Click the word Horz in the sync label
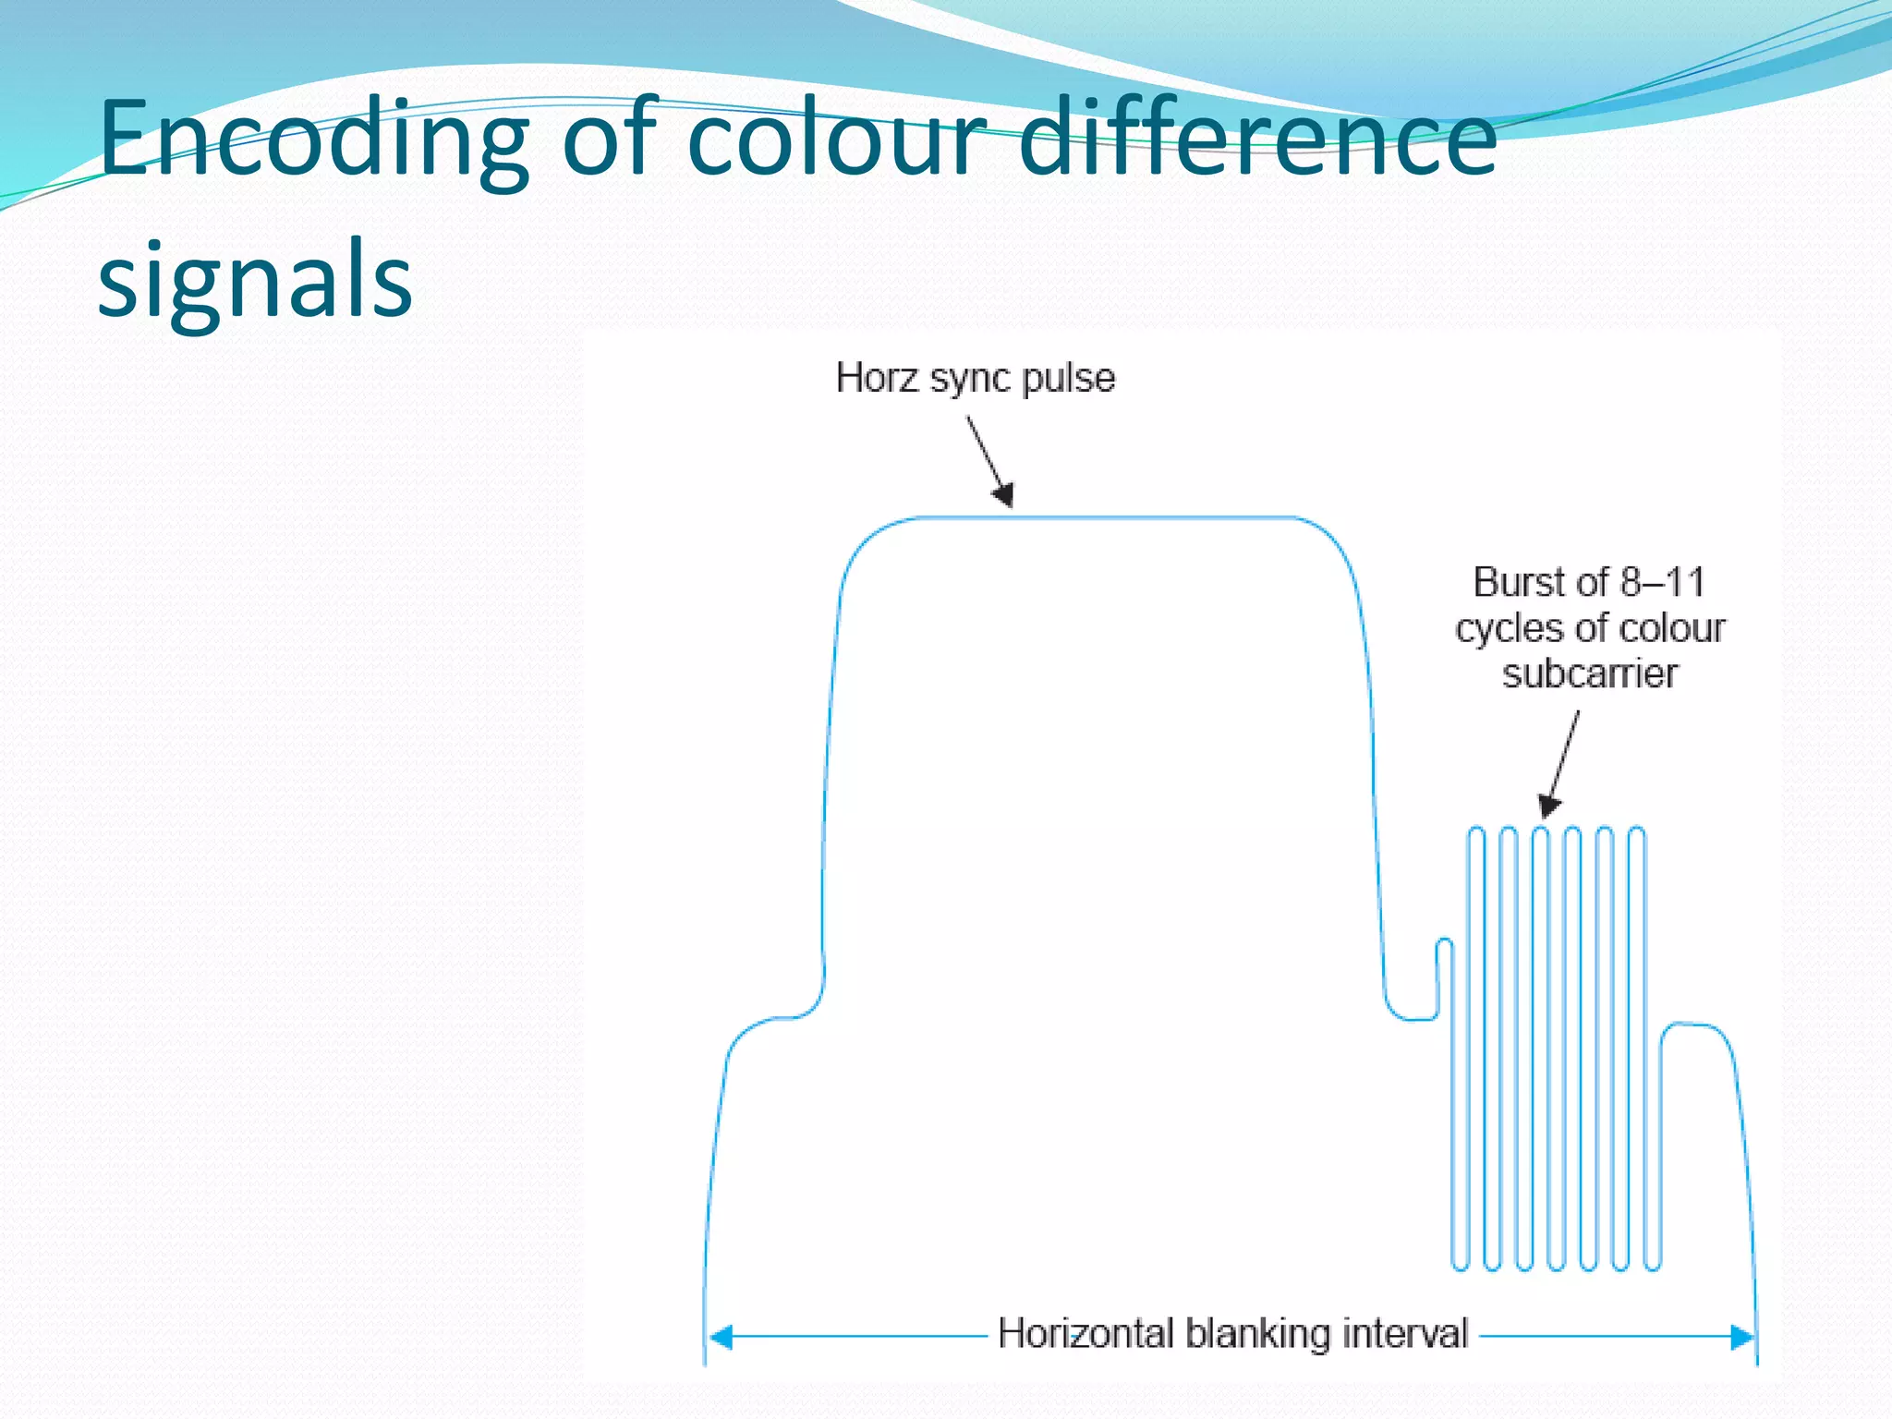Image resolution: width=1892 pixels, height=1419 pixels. point(877,378)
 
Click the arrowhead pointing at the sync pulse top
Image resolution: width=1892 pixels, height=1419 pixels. point(1004,496)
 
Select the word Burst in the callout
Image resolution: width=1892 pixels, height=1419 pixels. point(1520,583)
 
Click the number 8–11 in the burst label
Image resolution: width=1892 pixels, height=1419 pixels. point(1662,583)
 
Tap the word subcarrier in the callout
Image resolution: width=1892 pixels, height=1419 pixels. point(1589,674)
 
